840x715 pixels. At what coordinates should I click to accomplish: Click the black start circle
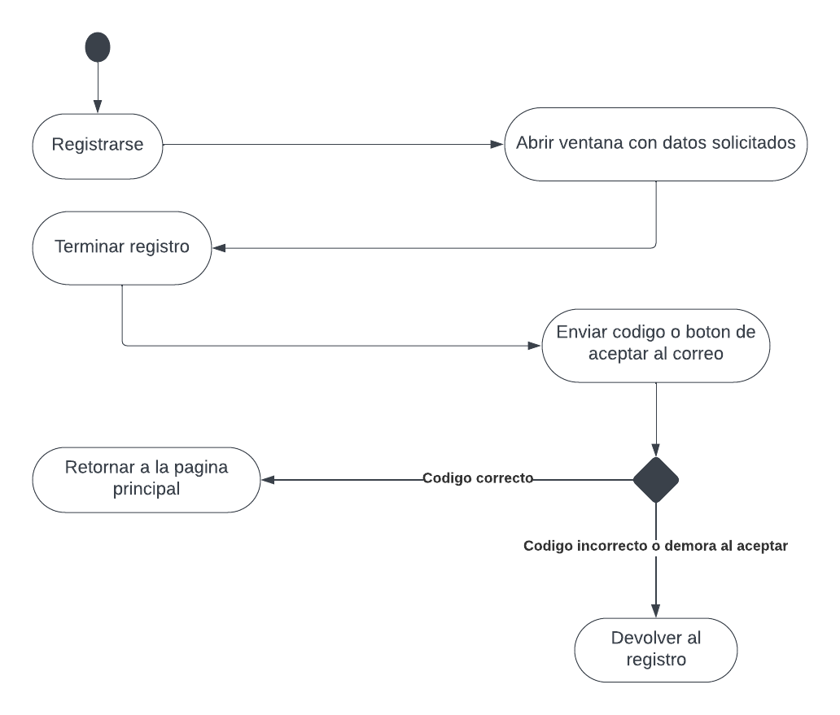(x=98, y=47)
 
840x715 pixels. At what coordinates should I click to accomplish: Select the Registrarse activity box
(x=98, y=146)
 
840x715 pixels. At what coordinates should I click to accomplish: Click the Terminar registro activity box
(x=122, y=247)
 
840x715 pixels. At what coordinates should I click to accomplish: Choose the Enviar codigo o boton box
(x=656, y=344)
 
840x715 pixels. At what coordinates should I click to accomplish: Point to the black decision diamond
(x=656, y=480)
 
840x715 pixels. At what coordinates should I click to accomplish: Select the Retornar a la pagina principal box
(x=147, y=479)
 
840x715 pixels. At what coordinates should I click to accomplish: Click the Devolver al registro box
(x=656, y=648)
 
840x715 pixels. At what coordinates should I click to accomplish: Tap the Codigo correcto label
(x=478, y=478)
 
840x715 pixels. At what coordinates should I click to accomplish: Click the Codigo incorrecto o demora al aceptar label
(x=655, y=546)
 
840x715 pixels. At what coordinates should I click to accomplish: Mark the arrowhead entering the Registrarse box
(x=98, y=107)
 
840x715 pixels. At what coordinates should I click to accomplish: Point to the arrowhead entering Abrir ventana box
(x=497, y=145)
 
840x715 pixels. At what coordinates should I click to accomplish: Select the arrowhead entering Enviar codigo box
(x=534, y=345)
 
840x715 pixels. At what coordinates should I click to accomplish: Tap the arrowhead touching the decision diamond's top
(x=656, y=450)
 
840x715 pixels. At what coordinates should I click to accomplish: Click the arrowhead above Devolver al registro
(x=656, y=611)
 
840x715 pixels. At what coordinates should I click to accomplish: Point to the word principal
(x=147, y=490)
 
